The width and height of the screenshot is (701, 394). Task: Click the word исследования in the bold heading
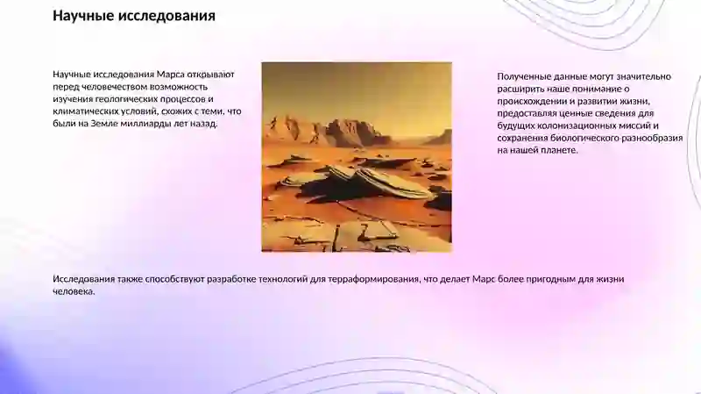[x=166, y=16]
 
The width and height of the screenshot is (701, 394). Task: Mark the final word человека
[x=73, y=291]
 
